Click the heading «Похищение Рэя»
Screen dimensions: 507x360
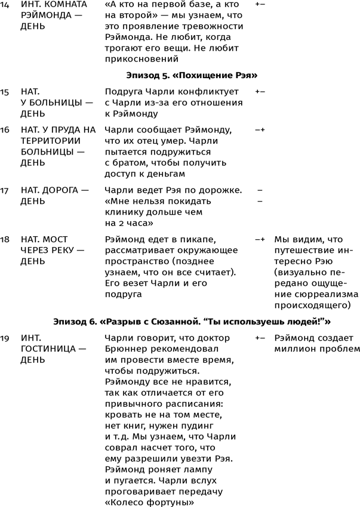pos(192,75)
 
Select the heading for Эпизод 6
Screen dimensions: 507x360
pos(192,321)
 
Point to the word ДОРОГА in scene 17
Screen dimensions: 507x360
pos(61,190)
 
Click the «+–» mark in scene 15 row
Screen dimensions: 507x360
pos(260,92)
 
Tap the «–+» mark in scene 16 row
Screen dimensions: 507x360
pos(260,130)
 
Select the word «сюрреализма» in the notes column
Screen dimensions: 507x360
pos(316,295)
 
